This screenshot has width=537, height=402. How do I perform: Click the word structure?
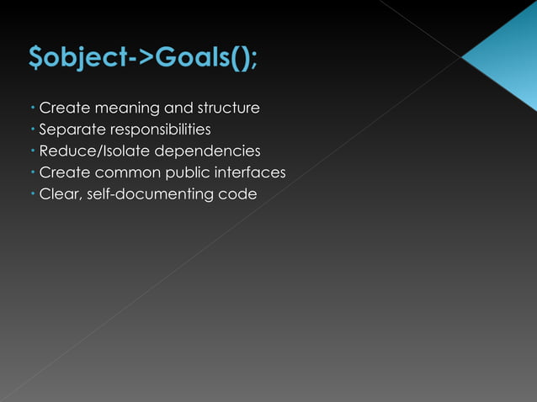228,108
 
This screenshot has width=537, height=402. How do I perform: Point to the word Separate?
69,130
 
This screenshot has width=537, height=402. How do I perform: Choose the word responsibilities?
156,130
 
